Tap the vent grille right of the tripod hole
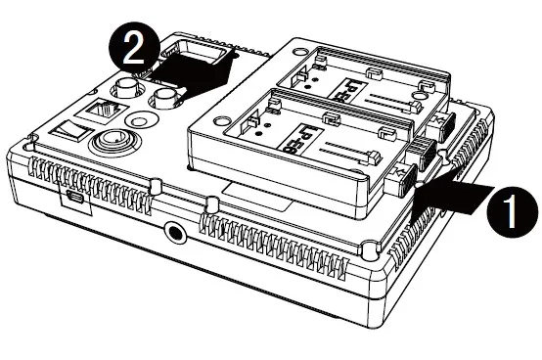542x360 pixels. coord(284,240)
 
